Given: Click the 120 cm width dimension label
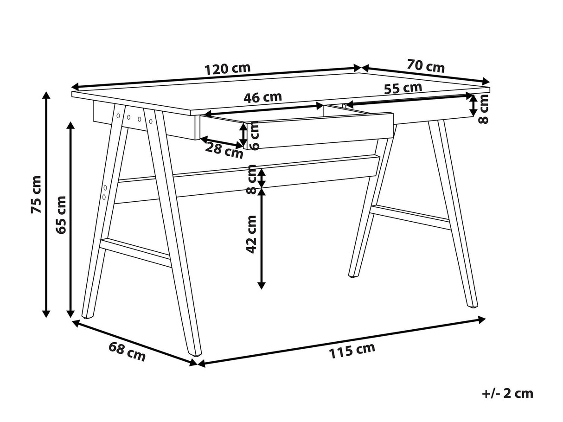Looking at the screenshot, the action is [x=228, y=69].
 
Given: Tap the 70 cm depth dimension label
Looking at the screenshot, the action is [x=426, y=66].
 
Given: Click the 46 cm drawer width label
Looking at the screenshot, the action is [x=262, y=98].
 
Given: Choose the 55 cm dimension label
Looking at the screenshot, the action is [x=403, y=88].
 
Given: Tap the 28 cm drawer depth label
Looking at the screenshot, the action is [x=224, y=151].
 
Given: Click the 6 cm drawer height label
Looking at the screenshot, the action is [x=255, y=136].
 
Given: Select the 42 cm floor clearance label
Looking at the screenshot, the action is [x=251, y=234].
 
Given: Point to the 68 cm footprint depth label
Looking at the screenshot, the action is [x=127, y=351].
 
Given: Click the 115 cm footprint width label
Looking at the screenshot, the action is [x=352, y=351].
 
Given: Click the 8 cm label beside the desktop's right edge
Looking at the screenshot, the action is [x=484, y=109].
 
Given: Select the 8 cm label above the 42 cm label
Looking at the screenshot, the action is [x=251, y=179].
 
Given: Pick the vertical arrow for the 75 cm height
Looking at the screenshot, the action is [x=46, y=205].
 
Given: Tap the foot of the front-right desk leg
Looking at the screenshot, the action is [x=472, y=306].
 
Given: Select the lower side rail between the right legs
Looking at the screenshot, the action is [x=410, y=217].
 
